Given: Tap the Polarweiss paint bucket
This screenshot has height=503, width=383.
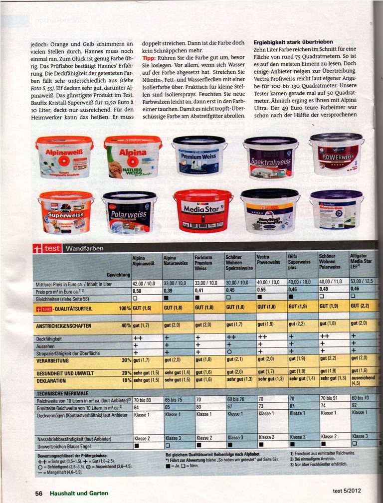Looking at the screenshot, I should [x=130, y=212].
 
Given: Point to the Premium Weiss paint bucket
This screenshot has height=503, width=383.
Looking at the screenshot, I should [x=199, y=158].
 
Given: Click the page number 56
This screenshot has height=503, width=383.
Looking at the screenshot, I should [x=38, y=493].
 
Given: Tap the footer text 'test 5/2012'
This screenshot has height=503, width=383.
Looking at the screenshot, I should [x=346, y=491].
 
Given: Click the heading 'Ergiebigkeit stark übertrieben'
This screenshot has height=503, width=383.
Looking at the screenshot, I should [x=293, y=42].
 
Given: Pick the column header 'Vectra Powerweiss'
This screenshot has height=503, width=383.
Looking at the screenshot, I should [x=268, y=260].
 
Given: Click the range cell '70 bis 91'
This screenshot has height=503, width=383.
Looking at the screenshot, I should [x=330, y=398].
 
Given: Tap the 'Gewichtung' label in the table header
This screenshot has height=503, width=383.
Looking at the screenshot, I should [x=118, y=275].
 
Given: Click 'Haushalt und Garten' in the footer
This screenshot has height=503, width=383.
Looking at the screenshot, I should [x=78, y=493].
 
